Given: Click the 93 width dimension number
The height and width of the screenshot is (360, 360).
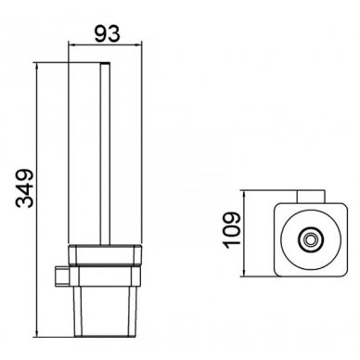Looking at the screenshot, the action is point(107,33).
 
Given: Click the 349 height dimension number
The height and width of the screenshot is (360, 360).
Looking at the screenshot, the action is point(24,188).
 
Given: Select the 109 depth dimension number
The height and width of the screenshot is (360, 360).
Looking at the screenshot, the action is point(232,230).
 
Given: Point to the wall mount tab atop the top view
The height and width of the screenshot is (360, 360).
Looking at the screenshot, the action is point(311,198).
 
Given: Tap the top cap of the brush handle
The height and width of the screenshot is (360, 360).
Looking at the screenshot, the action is point(106,63).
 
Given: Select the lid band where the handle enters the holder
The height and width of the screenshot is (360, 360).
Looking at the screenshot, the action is point(105,255).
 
